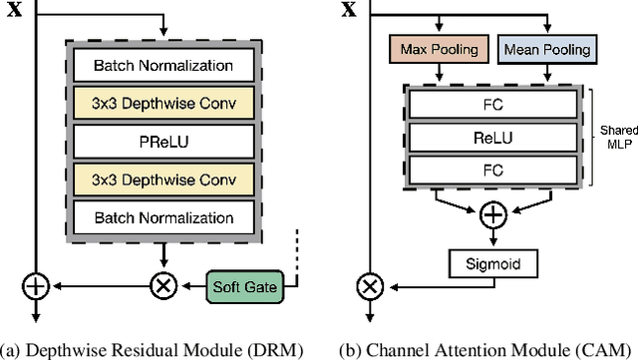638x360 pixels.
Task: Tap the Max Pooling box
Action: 439,48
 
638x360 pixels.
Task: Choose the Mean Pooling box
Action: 547,48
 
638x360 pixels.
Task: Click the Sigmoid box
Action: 493,264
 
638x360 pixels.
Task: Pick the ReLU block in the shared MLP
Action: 493,140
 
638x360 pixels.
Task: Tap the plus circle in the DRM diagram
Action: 36,286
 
